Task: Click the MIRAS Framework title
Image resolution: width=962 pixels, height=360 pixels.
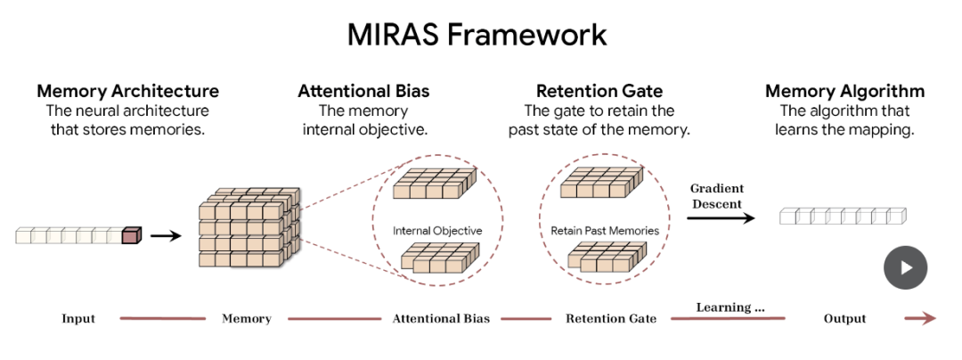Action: click(477, 35)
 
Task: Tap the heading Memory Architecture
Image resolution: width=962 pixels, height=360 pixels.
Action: click(127, 92)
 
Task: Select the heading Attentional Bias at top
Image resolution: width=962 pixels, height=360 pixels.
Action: click(363, 92)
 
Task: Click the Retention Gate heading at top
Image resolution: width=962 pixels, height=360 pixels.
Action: click(599, 92)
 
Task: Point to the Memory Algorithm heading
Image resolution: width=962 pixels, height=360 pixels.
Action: click(844, 92)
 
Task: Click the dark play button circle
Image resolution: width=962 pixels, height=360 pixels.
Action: click(905, 267)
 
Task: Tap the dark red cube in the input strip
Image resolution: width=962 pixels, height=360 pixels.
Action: click(130, 236)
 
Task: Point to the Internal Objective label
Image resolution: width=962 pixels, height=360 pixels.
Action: click(437, 231)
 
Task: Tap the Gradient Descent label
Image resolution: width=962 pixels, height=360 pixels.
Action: click(717, 196)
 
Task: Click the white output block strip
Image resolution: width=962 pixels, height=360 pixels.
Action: click(841, 216)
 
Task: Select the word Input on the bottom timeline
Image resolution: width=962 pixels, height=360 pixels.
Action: click(78, 319)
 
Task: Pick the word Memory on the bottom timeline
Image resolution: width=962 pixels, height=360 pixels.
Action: click(247, 319)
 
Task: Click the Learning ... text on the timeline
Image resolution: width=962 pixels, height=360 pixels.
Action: click(730, 308)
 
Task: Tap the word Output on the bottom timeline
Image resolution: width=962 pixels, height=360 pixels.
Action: click(844, 319)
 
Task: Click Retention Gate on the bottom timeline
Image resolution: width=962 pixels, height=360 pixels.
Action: click(611, 319)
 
